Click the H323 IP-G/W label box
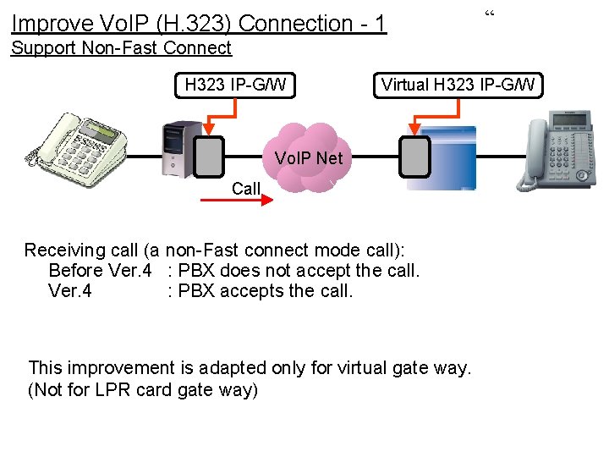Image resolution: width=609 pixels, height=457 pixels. (235, 85)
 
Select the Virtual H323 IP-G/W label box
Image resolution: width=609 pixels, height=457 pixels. (458, 85)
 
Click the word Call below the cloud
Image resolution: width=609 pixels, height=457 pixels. (246, 188)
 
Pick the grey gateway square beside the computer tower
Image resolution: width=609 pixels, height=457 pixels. (208, 157)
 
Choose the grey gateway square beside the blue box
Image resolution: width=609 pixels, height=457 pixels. (415, 157)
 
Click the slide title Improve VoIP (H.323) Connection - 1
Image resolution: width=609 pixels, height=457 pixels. (199, 23)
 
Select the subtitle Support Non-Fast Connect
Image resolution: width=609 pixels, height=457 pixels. (121, 48)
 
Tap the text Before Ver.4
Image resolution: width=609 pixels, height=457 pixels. (100, 271)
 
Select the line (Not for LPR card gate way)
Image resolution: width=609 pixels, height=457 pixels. (143, 389)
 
